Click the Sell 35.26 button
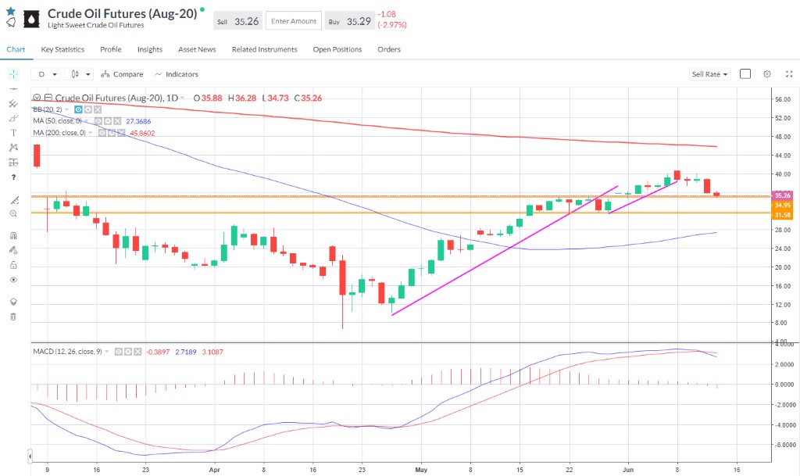click(238, 21)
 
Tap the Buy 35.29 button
click(348, 21)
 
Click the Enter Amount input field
click(293, 21)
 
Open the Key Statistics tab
click(62, 49)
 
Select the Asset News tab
click(197, 49)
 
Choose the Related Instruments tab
click(264, 49)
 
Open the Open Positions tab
click(337, 49)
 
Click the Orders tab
click(389, 49)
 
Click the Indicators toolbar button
click(177, 74)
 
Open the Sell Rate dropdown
click(709, 74)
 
